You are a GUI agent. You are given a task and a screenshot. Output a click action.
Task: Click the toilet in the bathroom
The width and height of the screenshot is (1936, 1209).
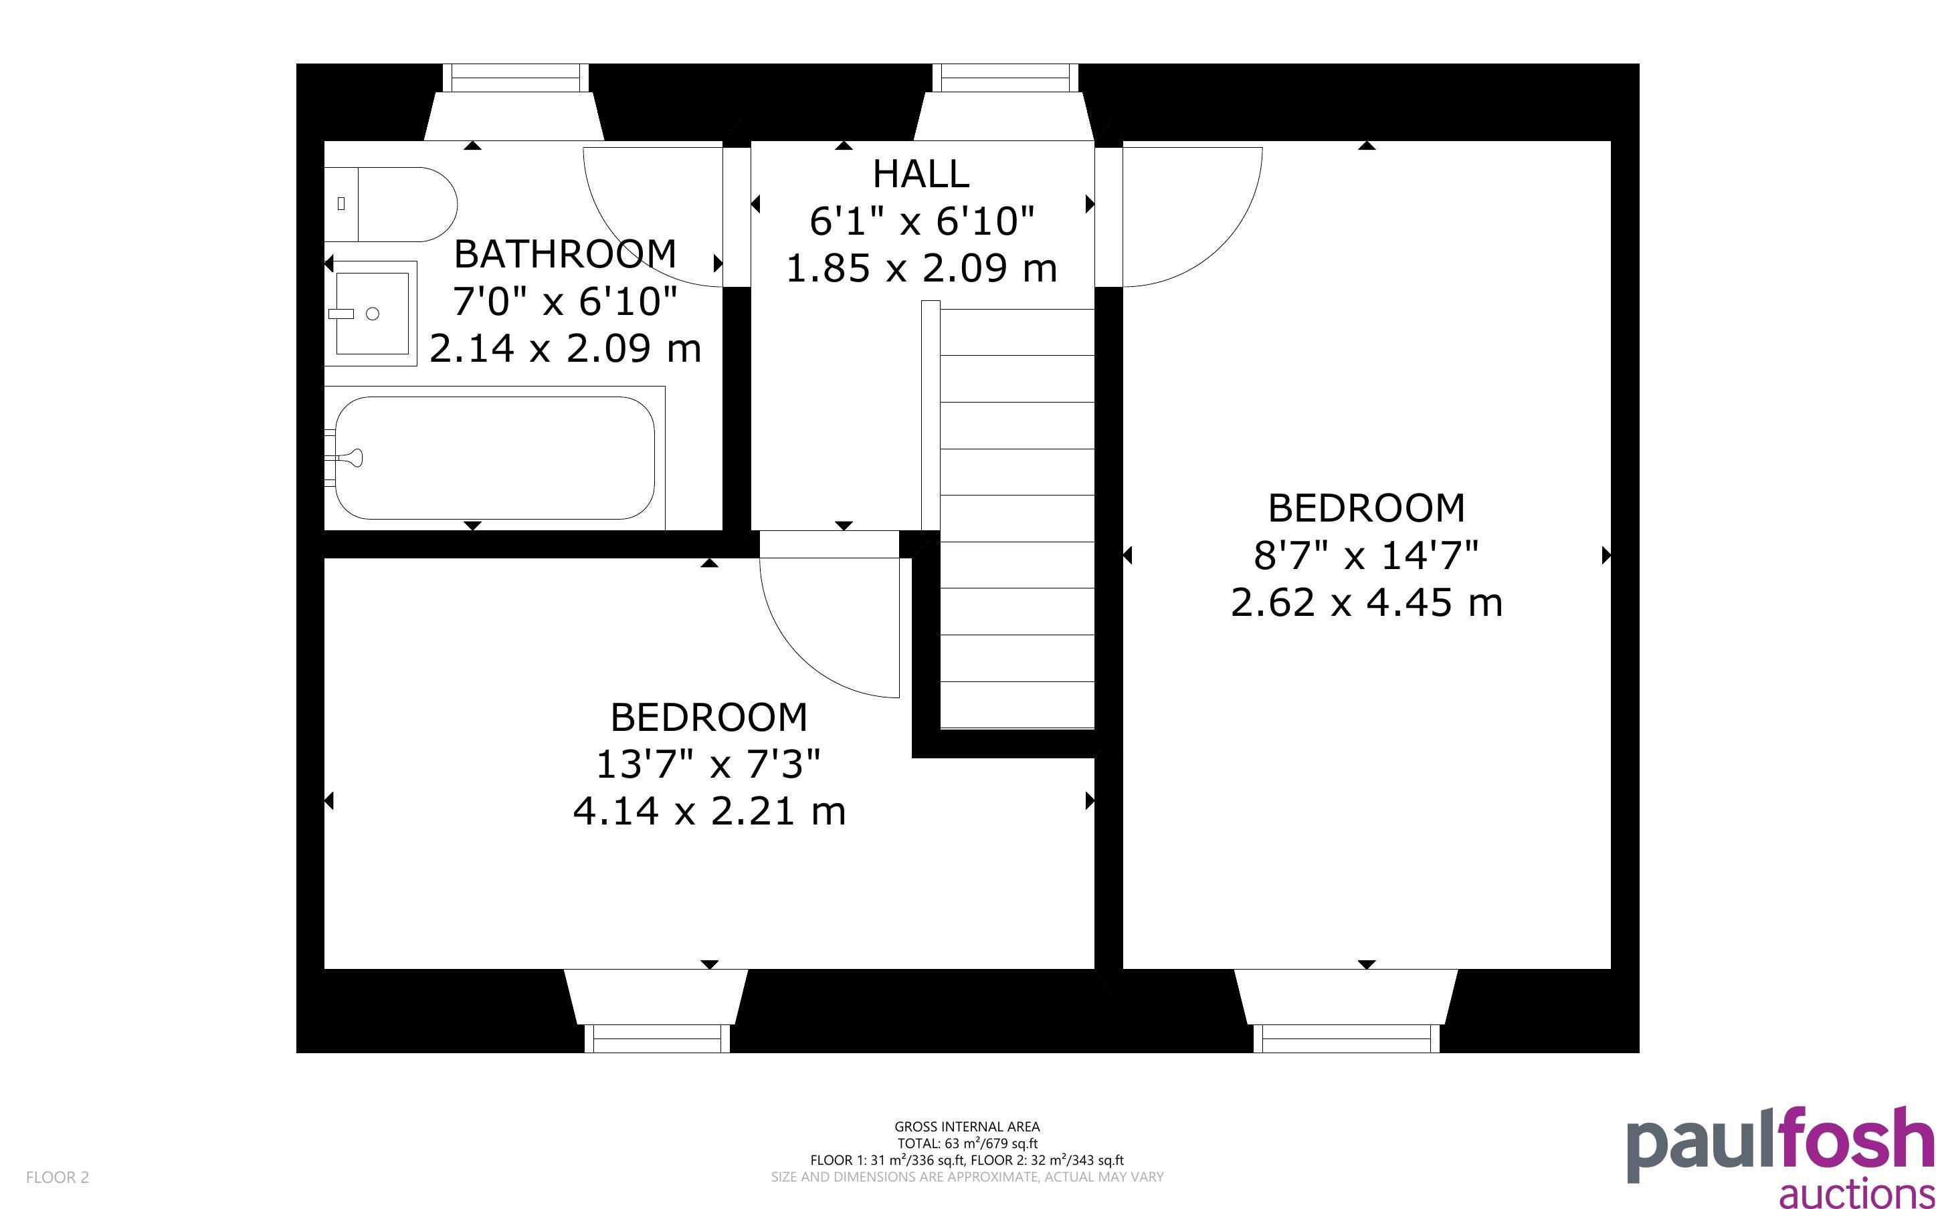(390, 204)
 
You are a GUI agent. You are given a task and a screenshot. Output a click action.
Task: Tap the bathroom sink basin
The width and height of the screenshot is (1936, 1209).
(372, 313)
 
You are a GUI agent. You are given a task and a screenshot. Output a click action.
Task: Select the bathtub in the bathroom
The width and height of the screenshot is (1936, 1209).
(495, 457)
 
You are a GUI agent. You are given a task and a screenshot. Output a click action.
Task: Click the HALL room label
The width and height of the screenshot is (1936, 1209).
(921, 173)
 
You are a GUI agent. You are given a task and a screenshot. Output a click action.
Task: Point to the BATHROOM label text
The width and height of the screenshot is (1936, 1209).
(565, 253)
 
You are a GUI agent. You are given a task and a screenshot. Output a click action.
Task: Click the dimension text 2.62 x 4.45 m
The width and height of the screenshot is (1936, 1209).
(1367, 602)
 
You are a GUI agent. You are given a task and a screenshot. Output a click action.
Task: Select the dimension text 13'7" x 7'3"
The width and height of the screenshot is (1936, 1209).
(708, 764)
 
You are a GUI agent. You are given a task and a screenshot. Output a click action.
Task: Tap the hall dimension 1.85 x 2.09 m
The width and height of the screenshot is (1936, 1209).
(922, 268)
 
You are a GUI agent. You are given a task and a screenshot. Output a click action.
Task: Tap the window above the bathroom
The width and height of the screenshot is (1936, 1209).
(516, 78)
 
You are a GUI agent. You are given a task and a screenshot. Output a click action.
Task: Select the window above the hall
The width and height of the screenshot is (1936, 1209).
(1005, 78)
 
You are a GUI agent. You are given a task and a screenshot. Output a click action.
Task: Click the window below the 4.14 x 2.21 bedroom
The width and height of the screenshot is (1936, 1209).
(658, 1038)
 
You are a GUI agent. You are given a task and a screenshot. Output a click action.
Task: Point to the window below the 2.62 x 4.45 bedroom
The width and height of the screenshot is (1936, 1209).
(1347, 1038)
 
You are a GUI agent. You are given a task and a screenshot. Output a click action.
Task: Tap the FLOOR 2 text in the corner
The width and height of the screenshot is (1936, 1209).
(58, 1177)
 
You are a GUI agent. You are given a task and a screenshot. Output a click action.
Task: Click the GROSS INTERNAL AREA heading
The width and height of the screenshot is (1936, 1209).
(967, 1127)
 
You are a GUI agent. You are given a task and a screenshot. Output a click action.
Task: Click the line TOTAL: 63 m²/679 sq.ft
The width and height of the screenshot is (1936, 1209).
(967, 1143)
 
